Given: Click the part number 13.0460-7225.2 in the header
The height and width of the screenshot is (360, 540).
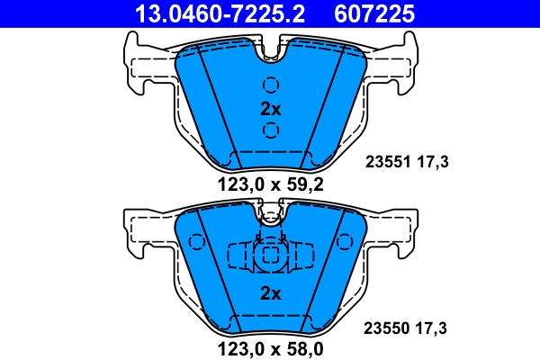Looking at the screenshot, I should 220,13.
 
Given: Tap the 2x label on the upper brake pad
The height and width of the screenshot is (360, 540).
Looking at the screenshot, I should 271,109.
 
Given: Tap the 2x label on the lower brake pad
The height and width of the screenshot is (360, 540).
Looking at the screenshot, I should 271,292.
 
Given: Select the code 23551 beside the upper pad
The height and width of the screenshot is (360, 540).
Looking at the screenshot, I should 387,162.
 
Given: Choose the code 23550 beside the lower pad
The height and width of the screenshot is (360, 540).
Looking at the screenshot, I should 387,328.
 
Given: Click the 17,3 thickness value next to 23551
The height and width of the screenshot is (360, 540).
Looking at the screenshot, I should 433,162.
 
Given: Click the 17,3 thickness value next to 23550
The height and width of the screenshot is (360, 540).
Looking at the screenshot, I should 433,328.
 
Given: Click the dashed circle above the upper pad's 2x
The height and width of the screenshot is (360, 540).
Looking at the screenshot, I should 271,85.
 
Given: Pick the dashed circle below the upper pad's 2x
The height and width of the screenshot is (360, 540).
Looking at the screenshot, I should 271,131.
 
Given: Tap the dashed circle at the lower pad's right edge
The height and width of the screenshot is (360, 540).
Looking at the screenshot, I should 342,243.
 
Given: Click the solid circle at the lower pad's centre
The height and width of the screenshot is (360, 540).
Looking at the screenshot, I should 270,257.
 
